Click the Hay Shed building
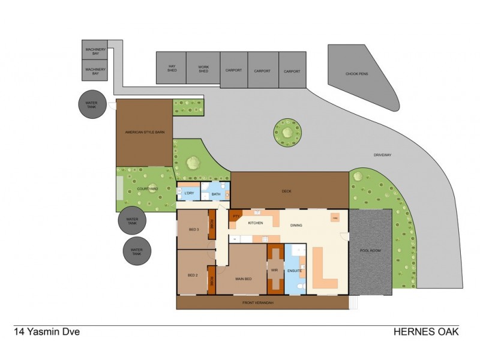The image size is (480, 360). (171, 67)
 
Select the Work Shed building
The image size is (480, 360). (203, 67)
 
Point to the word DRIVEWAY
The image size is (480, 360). (382, 155)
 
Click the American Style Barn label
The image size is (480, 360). (144, 132)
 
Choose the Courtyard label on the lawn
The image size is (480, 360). (146, 189)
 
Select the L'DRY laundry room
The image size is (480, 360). (189, 193)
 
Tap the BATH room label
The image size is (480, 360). (216, 194)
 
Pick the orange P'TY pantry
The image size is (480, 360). (236, 217)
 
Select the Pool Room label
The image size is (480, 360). (370, 251)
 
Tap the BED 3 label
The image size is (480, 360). (193, 230)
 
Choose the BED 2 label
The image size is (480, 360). (193, 275)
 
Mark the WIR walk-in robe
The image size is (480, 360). (275, 271)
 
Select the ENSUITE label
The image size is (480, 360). (295, 271)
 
